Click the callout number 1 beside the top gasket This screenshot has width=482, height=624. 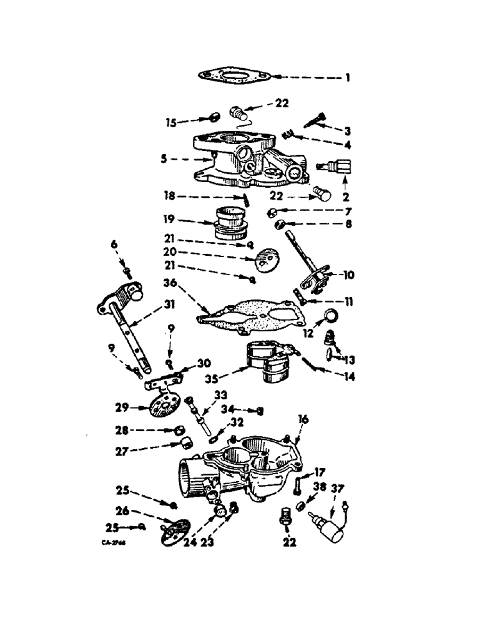click(347, 78)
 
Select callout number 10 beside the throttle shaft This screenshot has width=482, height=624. click(347, 275)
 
